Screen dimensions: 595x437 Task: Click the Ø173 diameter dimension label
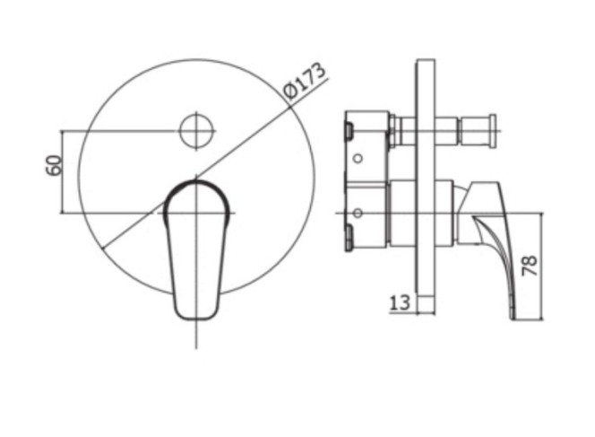(x=306, y=81)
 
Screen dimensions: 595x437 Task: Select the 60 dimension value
(x=54, y=164)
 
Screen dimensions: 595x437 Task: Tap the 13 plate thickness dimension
(x=400, y=303)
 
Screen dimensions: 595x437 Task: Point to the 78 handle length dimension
(x=530, y=266)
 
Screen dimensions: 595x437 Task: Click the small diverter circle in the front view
(x=196, y=131)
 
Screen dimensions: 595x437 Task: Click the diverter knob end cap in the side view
(x=492, y=131)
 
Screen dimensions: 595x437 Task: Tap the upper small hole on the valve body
(x=358, y=158)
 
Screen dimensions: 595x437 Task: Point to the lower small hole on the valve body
(x=358, y=214)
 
